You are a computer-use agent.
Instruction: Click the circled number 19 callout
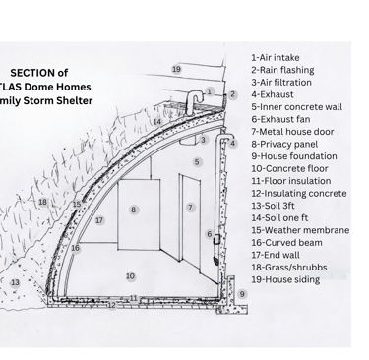pyautogui.click(x=176, y=69)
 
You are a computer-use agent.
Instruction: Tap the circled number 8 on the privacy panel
pyautogui.click(x=133, y=210)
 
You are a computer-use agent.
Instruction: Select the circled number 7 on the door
pyautogui.click(x=191, y=208)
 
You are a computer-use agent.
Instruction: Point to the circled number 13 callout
pyautogui.click(x=16, y=282)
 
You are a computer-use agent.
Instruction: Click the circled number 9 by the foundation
pyautogui.click(x=242, y=294)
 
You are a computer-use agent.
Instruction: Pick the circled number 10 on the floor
pyautogui.click(x=130, y=276)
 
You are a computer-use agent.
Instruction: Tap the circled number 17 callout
pyautogui.click(x=99, y=220)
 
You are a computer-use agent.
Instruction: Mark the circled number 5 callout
pyautogui.click(x=197, y=162)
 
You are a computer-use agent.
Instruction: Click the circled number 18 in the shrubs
pyautogui.click(x=43, y=202)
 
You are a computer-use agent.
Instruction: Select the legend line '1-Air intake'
pyautogui.click(x=276, y=58)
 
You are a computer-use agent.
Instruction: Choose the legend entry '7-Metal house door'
pyautogui.click(x=292, y=132)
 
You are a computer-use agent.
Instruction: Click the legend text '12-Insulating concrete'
pyautogui.click(x=299, y=194)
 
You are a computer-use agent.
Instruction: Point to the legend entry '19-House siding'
pyautogui.click(x=285, y=279)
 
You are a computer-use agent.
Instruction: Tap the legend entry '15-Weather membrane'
pyautogui.click(x=300, y=230)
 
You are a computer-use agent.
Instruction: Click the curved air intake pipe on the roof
pyautogui.click(x=193, y=102)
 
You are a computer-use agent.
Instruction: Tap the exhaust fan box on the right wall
pyautogui.click(x=216, y=240)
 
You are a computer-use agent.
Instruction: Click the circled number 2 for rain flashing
pyautogui.click(x=232, y=94)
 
